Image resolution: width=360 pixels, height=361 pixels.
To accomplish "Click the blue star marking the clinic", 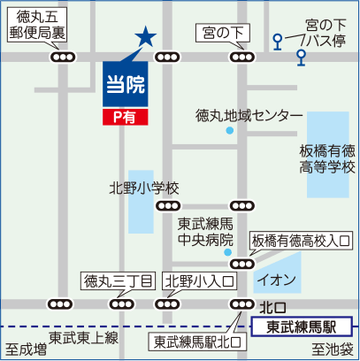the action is point(146,36).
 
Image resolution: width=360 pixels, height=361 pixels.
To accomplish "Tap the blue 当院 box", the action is point(126,84).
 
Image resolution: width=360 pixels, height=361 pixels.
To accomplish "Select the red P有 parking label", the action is point(126,117).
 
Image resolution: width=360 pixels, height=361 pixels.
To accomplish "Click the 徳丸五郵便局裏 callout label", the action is point(37,25).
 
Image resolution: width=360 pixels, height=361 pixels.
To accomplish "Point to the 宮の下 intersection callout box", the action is point(223,33).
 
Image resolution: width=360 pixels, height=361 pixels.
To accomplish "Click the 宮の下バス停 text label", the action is point(326,33).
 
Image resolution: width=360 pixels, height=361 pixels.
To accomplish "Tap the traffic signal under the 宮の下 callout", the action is point(242,57).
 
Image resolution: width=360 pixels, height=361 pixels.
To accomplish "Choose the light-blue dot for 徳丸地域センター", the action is point(230,130).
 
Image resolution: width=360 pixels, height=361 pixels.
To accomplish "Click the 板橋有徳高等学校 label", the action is point(327,159).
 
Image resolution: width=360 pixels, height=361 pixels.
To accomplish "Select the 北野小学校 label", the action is point(144,188).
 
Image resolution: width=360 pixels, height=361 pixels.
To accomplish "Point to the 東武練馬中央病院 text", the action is point(205,232).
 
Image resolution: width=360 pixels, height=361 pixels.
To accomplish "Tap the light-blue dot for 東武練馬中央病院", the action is point(227,252).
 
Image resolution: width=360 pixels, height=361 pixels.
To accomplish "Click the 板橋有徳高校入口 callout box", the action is point(301,241).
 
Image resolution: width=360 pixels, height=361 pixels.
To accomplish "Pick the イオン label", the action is point(277,280).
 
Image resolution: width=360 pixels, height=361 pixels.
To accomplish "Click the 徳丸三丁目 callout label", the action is point(119,281).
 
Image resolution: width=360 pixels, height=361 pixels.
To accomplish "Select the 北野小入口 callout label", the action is point(200,281).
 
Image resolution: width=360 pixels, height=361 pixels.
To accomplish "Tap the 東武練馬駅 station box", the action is point(302,326).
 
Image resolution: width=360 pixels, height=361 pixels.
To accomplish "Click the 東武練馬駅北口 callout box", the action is point(198,342).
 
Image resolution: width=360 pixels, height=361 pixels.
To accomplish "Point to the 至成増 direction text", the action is point(27,349).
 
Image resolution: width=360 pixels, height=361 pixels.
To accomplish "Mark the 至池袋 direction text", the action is point(333,349).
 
